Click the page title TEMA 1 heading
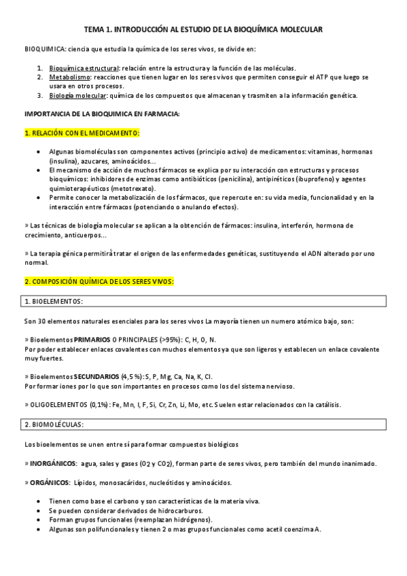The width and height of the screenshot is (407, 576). [x=203, y=30]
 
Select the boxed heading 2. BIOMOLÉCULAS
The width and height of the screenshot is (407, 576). [x=54, y=424]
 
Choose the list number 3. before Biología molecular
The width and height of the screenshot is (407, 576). [x=40, y=95]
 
